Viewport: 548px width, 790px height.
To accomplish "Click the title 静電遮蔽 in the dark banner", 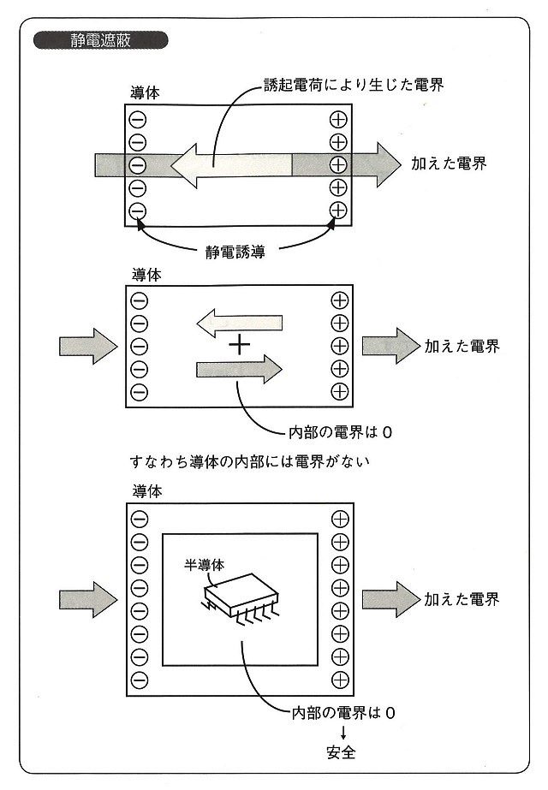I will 102,40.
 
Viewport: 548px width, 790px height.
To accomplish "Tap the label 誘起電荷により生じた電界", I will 354,86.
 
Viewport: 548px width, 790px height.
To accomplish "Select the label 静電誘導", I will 235,252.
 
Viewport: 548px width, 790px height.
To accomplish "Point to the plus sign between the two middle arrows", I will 240,346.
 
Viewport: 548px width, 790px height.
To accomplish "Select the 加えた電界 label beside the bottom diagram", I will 462,598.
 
